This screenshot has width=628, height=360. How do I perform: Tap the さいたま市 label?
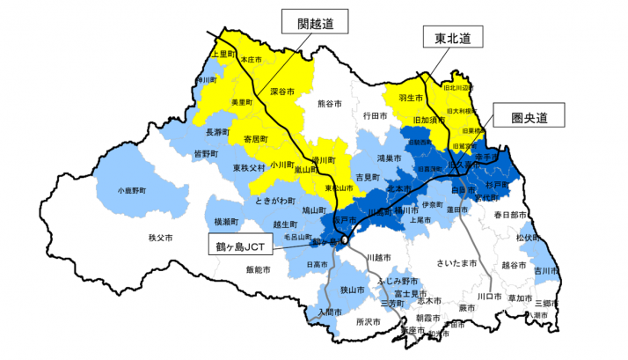click(x=457, y=263)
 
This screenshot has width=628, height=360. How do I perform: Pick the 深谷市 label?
click(x=281, y=92)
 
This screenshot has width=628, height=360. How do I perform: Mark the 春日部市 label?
click(x=508, y=215)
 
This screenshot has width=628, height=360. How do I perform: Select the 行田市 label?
click(x=375, y=115)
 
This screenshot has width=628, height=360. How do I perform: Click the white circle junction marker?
click(x=346, y=239)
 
